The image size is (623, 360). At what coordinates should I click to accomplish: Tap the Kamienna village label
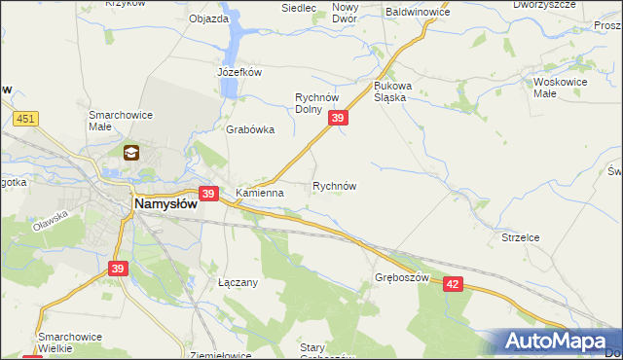point(259,193)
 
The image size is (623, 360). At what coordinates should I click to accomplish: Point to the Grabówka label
point(250,129)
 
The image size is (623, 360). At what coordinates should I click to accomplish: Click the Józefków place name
point(240,72)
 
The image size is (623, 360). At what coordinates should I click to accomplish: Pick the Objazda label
point(208,18)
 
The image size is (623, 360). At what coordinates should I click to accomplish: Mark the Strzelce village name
point(520,235)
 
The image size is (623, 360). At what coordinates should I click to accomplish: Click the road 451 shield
point(26,119)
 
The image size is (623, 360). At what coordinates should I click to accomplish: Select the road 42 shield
point(454,282)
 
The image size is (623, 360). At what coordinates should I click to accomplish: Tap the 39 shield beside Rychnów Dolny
point(338,118)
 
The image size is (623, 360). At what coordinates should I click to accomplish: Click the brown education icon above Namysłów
point(131,152)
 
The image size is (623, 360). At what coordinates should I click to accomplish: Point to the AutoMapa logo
point(555,341)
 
